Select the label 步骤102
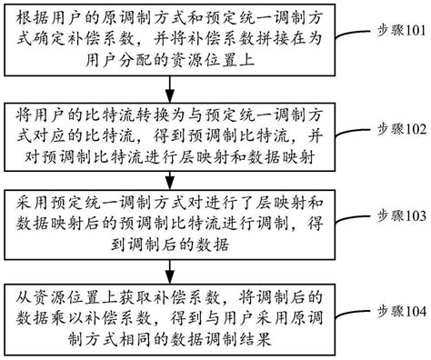pyautogui.click(x=396, y=130)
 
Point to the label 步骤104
pyautogui.click(x=396, y=312)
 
